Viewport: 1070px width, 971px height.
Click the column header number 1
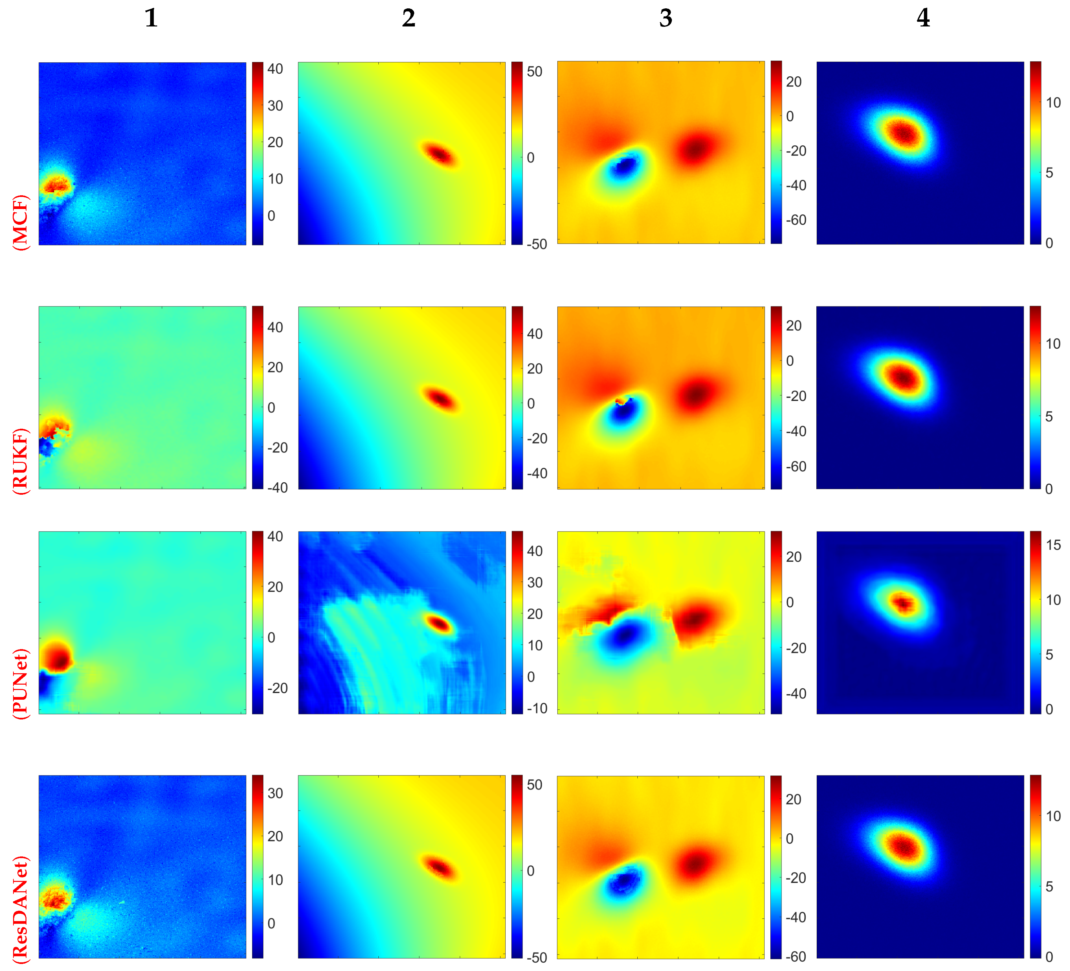[151, 18]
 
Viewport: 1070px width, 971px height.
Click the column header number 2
[408, 18]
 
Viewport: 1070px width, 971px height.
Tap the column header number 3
[666, 18]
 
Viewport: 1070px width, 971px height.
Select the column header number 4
[923, 18]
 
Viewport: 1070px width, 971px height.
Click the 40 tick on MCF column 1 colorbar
[275, 69]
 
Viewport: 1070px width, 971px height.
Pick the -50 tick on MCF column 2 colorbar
[537, 244]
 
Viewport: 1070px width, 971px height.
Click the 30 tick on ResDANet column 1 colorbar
[275, 793]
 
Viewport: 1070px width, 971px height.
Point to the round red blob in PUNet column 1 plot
[57, 657]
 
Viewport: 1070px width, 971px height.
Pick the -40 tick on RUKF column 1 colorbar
[277, 487]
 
